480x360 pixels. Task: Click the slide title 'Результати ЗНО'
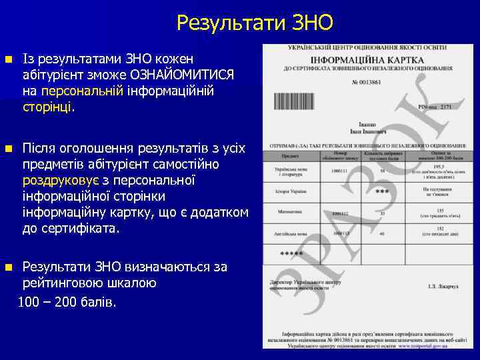pyautogui.click(x=255, y=24)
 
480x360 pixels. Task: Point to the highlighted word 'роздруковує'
pyautogui.click(x=64, y=180)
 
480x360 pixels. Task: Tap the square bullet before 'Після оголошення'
pyautogui.click(x=9, y=148)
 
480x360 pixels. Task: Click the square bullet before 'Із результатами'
pyautogui.click(x=9, y=58)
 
